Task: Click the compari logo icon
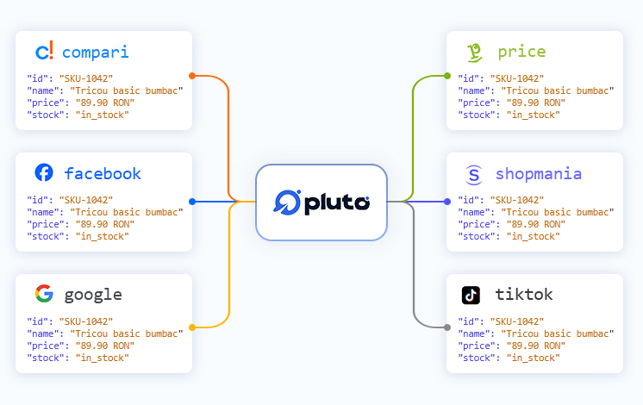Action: click(44, 51)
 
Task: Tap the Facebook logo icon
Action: click(44, 172)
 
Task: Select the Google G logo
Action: click(44, 294)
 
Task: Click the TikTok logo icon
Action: click(471, 295)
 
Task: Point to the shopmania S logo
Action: click(474, 175)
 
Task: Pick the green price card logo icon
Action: click(474, 53)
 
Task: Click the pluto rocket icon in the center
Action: click(287, 202)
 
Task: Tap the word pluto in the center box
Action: click(337, 203)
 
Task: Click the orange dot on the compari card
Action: click(192, 76)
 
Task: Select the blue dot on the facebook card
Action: click(192, 202)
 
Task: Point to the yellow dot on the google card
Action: click(192, 327)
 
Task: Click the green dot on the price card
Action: click(447, 76)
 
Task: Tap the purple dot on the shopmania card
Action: click(447, 202)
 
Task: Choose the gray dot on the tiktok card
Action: click(447, 327)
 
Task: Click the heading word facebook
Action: click(103, 173)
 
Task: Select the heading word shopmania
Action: click(539, 175)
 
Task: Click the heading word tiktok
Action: click(524, 294)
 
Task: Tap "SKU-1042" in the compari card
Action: click(86, 78)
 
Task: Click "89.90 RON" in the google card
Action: click(105, 346)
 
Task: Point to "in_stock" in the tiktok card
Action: click(533, 358)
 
